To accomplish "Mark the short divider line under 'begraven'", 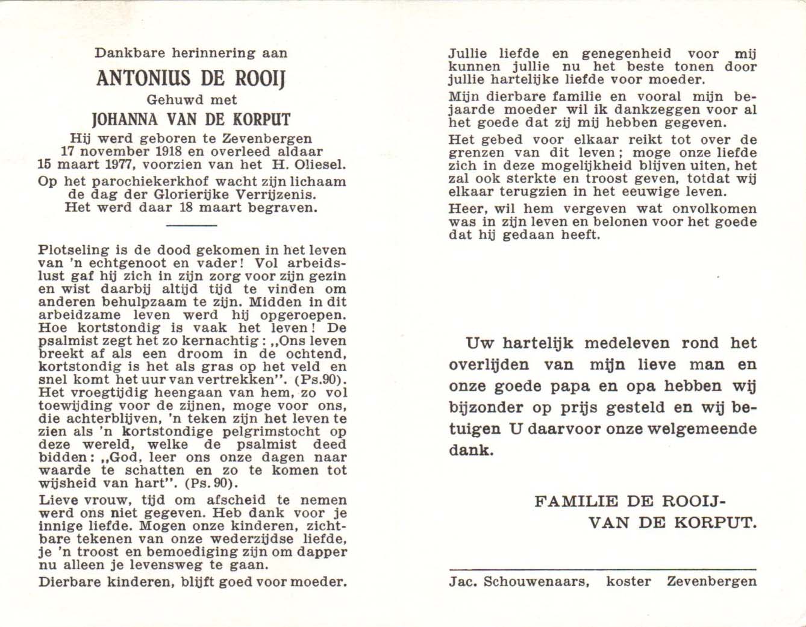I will point(191,225).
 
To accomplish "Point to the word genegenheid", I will point(626,54).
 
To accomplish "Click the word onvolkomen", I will point(717,209).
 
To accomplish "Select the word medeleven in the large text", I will point(626,343).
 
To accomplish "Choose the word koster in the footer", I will point(628,582).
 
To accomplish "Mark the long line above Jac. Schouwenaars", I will point(602,569).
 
